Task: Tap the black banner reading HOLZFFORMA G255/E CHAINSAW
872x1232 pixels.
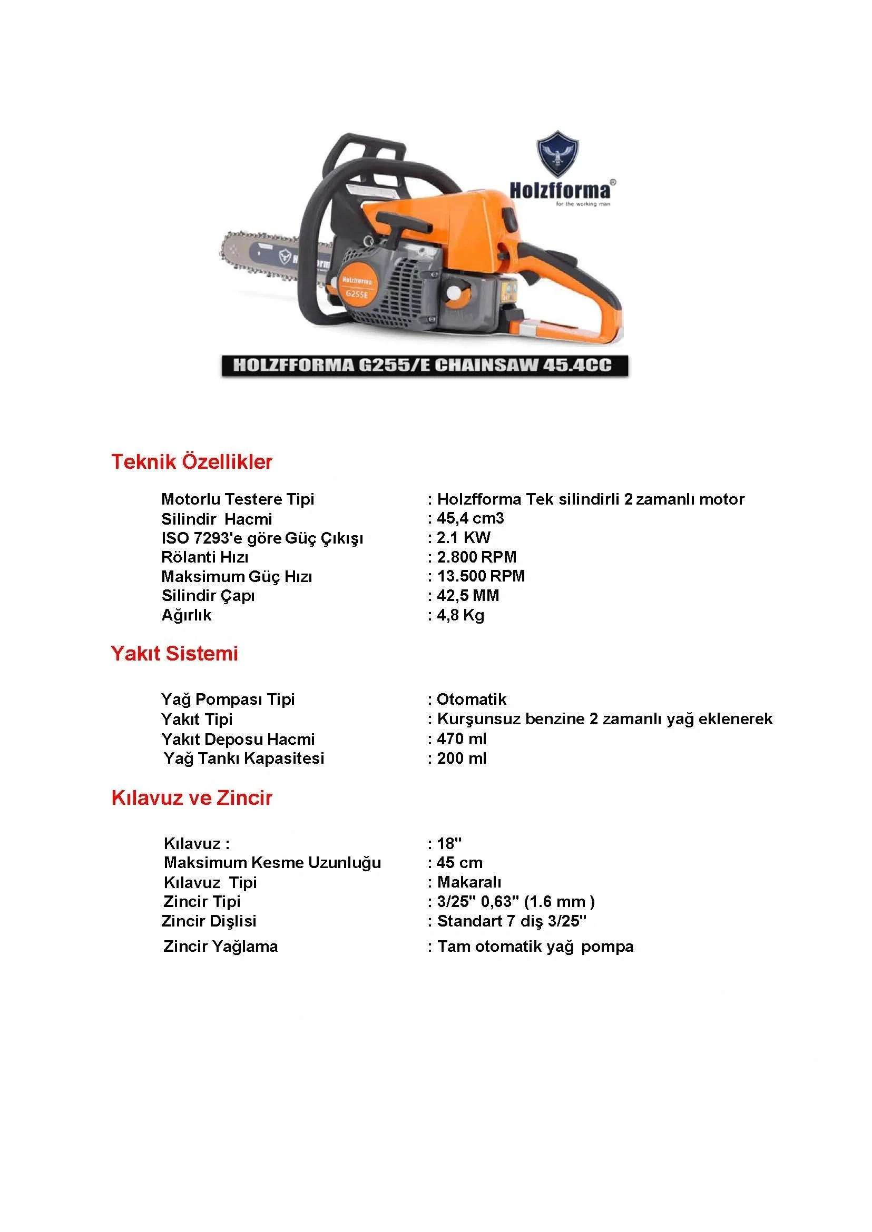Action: pyautogui.click(x=424, y=366)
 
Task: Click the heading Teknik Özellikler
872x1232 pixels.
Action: pyautogui.click(x=192, y=461)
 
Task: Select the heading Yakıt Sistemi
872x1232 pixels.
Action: pyautogui.click(x=174, y=653)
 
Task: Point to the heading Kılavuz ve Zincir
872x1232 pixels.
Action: pyautogui.click(x=192, y=797)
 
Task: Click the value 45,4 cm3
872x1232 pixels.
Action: pyautogui.click(x=471, y=518)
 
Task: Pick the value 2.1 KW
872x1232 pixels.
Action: pyautogui.click(x=463, y=537)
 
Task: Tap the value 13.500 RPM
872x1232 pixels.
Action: pyautogui.click(x=481, y=576)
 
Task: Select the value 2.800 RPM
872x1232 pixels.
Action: pyautogui.click(x=476, y=557)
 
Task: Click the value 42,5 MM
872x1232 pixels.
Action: pyautogui.click(x=468, y=595)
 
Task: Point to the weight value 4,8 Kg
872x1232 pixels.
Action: pyautogui.click(x=460, y=615)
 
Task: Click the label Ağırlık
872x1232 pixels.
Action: pyautogui.click(x=187, y=615)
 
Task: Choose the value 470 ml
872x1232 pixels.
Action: pyautogui.click(x=461, y=738)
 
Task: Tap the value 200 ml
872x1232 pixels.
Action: pyautogui.click(x=461, y=758)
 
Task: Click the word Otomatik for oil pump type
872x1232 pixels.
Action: pyautogui.click(x=471, y=699)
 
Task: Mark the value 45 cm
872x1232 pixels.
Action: pyautogui.click(x=459, y=863)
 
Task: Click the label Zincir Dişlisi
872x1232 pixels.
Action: pyautogui.click(x=209, y=921)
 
